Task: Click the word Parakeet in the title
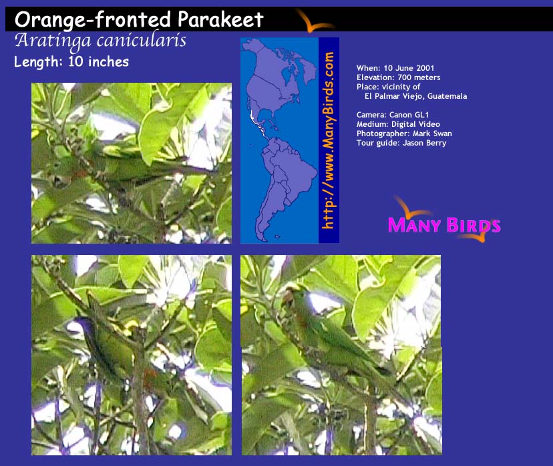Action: [220, 19]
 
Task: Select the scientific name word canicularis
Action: [142, 41]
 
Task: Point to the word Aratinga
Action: [53, 41]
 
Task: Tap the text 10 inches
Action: [98, 61]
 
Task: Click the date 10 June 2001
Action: [409, 68]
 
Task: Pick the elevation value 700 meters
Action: [419, 77]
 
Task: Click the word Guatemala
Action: [447, 96]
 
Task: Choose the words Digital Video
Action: [416, 124]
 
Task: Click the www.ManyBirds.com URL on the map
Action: [329, 140]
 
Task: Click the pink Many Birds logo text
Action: [444, 225]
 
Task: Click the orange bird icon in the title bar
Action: [314, 22]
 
